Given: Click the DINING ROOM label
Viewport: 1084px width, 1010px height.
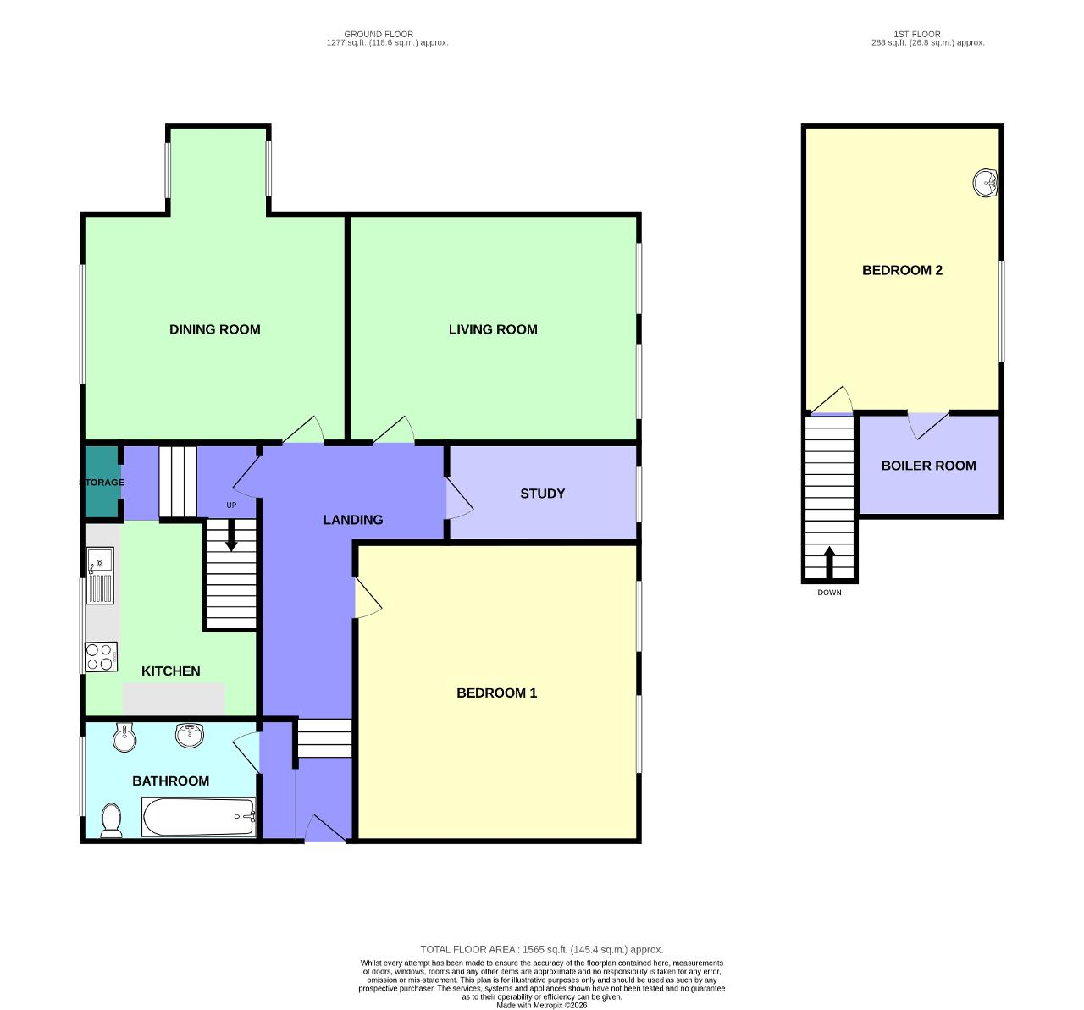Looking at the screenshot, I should point(214,329).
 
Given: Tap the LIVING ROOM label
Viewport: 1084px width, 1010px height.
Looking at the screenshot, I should point(493,329).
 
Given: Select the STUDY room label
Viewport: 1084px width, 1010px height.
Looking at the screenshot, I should point(542,494).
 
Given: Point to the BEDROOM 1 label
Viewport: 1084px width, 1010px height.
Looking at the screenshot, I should point(496,693).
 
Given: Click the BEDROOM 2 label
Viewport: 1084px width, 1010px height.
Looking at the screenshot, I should point(902,270).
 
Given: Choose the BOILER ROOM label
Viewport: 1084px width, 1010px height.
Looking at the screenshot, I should point(928,466).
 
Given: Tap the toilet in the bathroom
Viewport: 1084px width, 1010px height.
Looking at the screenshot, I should point(111,820).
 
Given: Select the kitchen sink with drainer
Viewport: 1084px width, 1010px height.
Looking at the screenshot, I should point(100,576).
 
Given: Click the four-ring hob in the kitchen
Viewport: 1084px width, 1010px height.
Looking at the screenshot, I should point(101,657).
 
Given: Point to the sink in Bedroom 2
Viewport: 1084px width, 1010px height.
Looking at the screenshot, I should point(985,183).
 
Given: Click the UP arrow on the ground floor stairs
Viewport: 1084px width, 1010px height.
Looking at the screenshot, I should point(231,538).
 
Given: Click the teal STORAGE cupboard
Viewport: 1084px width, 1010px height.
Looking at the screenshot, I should point(102,481).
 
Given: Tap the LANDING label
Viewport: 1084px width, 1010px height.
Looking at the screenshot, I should point(352,520).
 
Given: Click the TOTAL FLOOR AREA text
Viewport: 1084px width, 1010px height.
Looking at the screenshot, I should point(541,950).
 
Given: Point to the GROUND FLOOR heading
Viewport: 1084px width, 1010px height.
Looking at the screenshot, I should point(379,35).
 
